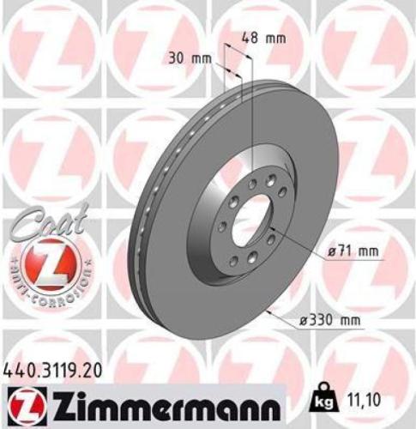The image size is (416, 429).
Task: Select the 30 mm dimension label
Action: click(190, 58)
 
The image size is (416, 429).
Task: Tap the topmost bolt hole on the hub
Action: click(270, 178)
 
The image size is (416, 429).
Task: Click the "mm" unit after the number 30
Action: click(201, 58)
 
